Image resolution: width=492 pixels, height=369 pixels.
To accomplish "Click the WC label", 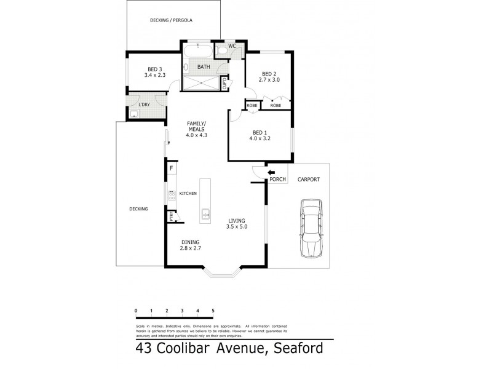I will [232, 46].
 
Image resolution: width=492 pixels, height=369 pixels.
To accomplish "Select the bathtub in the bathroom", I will [198, 51].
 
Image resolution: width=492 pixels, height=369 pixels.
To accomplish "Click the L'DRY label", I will [145, 105].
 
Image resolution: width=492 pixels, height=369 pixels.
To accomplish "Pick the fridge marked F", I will [172, 168].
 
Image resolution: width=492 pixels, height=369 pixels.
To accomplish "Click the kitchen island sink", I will [204, 215].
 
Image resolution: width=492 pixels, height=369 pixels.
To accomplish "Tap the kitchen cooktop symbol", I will [172, 195].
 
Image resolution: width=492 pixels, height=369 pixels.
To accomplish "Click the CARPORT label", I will [308, 181].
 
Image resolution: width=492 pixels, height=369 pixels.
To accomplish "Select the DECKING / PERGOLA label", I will [172, 20].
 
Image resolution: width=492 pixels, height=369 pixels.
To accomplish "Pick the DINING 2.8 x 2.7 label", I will [191, 244].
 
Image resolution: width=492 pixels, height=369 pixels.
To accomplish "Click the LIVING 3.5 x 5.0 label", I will [237, 224].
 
